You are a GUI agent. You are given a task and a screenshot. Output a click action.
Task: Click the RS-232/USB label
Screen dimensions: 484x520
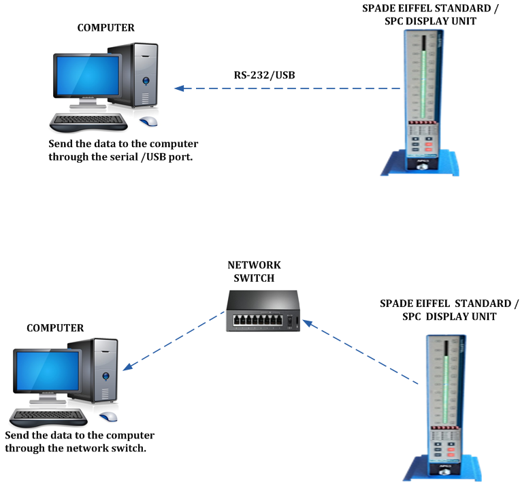pyautogui.click(x=264, y=74)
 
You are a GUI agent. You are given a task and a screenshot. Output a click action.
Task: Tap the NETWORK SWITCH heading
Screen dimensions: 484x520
pyautogui.click(x=254, y=271)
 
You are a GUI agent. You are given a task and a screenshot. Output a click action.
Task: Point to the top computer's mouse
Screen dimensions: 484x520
pyautogui.click(x=148, y=121)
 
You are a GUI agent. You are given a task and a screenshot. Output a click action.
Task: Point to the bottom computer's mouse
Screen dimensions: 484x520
pyautogui.click(x=108, y=417)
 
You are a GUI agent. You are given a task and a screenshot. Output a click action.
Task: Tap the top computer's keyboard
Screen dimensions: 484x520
pyautogui.click(x=89, y=122)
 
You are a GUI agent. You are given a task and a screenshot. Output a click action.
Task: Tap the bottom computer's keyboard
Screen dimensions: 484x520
pyautogui.click(x=49, y=416)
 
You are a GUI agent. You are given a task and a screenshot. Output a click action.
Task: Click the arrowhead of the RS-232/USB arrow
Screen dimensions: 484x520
pyautogui.click(x=178, y=88)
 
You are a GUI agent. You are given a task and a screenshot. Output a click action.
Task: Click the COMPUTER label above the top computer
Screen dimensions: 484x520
pyautogui.click(x=105, y=28)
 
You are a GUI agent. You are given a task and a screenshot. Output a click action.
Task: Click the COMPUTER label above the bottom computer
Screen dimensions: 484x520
pyautogui.click(x=55, y=328)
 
